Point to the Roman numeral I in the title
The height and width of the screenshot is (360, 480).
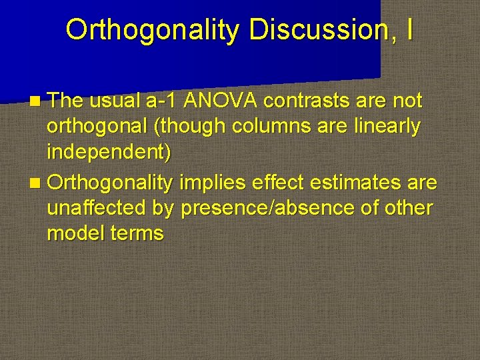click(x=408, y=30)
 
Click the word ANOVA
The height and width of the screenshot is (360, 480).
click(x=219, y=101)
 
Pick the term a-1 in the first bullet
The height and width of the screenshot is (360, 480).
click(x=159, y=101)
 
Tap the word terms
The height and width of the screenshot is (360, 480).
click(x=138, y=233)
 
